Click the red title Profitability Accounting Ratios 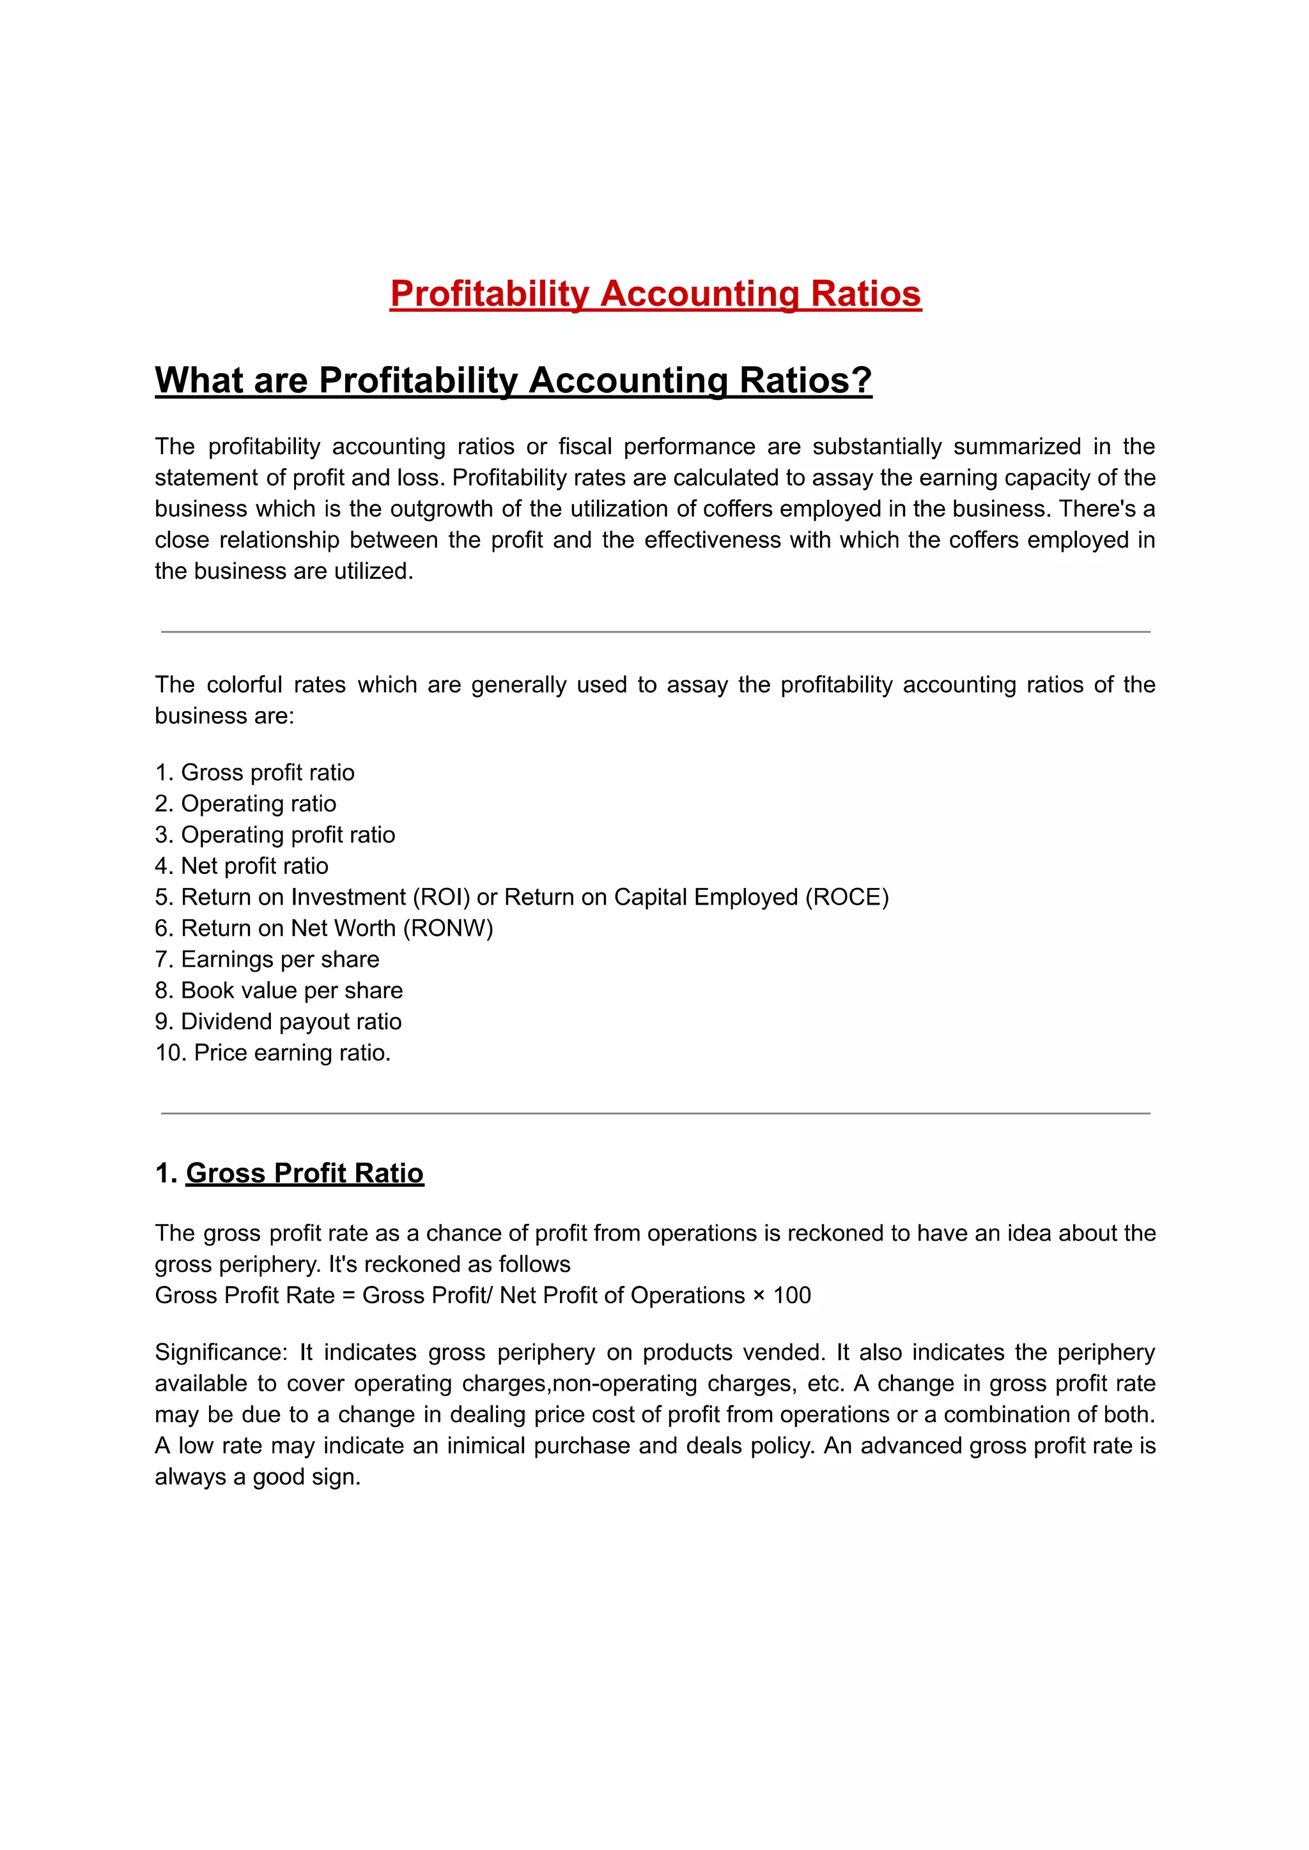(654, 294)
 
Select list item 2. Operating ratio (246, 804)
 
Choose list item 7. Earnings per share (267, 959)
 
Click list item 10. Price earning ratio (272, 1052)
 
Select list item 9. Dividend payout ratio (278, 1021)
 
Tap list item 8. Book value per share (279, 990)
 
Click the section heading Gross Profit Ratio (305, 1173)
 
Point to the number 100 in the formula (791, 1296)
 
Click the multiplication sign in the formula (759, 1296)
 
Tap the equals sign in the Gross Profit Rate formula (348, 1296)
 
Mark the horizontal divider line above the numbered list (654, 632)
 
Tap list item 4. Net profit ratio (242, 866)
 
